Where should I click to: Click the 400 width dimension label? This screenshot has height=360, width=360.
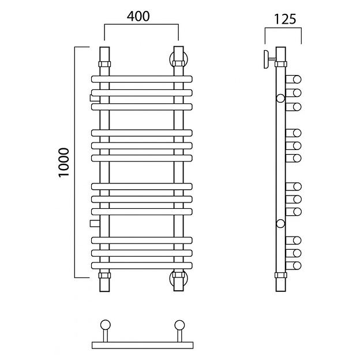139,17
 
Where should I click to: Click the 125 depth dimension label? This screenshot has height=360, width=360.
284,19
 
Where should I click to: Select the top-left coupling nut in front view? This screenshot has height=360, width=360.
104,62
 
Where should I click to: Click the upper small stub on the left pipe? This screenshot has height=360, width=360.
94,97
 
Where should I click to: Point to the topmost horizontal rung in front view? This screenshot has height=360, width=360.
141,80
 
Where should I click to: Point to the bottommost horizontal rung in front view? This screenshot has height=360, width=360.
141,265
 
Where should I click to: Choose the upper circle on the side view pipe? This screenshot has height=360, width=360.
280,98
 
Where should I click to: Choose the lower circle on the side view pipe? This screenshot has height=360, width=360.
280,223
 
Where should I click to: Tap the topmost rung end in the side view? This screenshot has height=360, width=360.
295,80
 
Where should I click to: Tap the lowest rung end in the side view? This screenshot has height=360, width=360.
295,265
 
